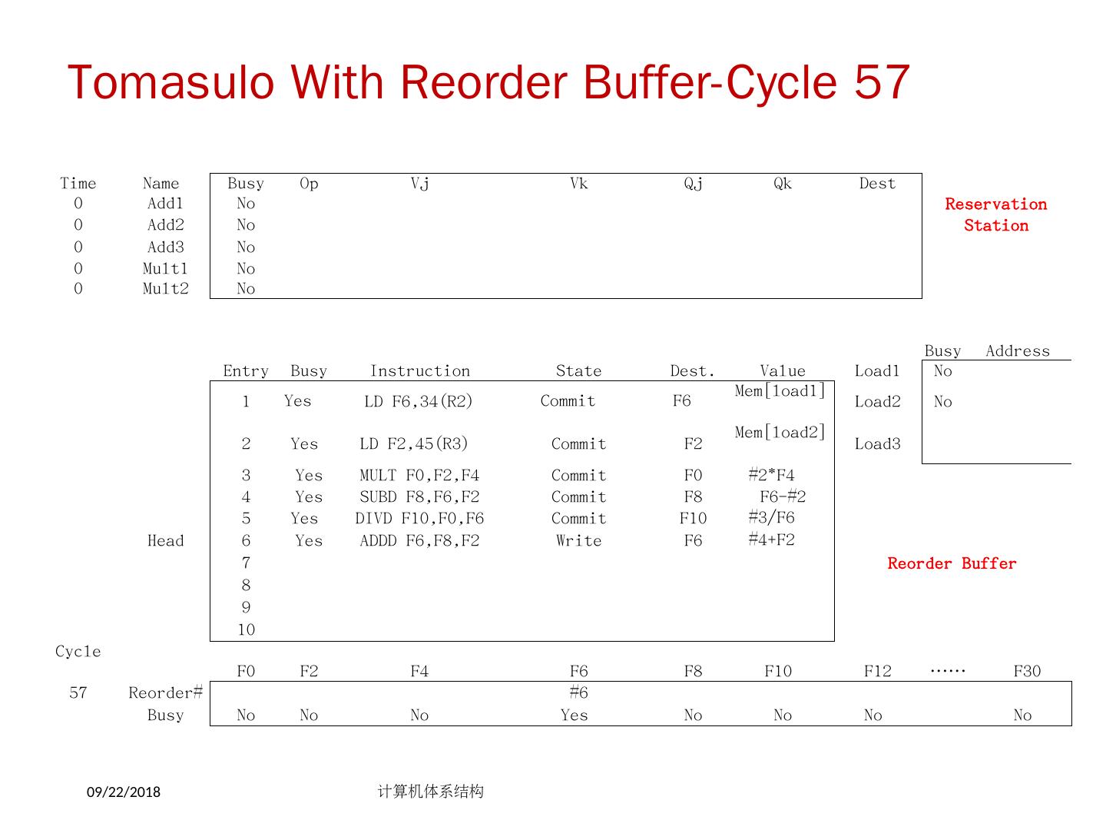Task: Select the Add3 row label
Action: (x=165, y=247)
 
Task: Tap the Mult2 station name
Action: (x=165, y=289)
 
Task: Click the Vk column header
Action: (x=578, y=184)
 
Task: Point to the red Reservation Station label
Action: (x=995, y=214)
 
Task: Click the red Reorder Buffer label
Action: (x=952, y=563)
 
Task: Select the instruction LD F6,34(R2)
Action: (x=418, y=401)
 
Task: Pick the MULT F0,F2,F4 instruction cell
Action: (x=419, y=476)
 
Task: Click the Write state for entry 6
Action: (x=578, y=541)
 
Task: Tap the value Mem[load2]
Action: (x=780, y=433)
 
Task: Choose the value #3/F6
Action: (x=771, y=518)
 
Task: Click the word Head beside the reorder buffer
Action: (x=165, y=541)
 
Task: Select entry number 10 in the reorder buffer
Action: (x=246, y=630)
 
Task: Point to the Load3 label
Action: (x=877, y=444)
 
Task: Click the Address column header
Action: (x=1017, y=351)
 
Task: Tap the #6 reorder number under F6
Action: (x=578, y=693)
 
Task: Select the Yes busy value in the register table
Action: (x=574, y=715)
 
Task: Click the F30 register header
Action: (x=1027, y=672)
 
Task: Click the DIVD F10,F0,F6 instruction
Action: (x=419, y=519)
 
